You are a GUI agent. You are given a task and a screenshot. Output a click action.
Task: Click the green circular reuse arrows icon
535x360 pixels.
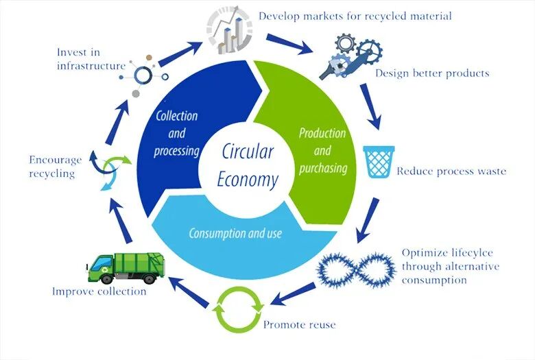pos(238,310)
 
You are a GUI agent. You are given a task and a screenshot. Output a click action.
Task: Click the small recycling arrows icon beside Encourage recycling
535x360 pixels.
pos(111,170)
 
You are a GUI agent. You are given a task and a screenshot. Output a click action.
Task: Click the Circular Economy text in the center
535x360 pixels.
pos(248,165)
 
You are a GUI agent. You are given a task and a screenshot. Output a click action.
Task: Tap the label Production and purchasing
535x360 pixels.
pos(322,150)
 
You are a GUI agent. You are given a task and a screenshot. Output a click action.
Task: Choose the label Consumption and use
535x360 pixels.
pos(235,233)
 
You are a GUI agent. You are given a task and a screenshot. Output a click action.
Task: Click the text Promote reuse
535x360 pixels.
pos(300,324)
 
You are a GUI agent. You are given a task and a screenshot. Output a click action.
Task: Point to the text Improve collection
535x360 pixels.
pos(99,291)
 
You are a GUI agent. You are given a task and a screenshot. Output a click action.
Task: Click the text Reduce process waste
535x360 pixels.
pos(451,171)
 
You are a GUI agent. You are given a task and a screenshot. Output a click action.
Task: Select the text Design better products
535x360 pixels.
pos(432,73)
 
